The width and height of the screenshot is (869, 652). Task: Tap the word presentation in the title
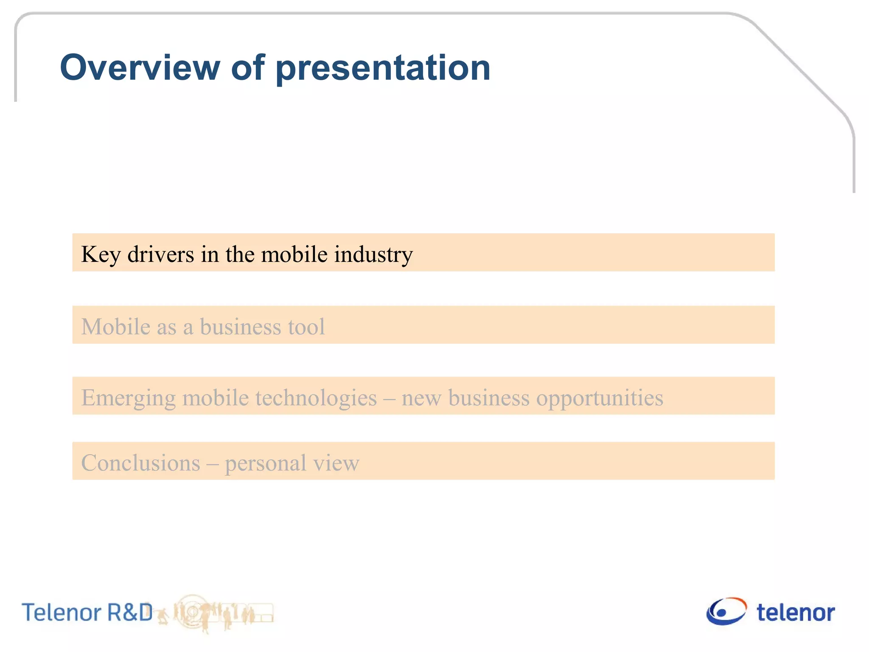tap(383, 69)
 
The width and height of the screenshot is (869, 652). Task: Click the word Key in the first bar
tap(101, 255)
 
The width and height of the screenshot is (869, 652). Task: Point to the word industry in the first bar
tap(373, 255)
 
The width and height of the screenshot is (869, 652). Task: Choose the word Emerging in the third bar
tap(128, 398)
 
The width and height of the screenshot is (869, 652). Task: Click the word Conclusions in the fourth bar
tap(140, 463)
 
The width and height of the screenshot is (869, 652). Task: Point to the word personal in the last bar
tap(265, 464)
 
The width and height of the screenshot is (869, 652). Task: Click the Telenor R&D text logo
tap(87, 612)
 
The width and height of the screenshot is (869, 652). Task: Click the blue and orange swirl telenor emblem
tap(726, 611)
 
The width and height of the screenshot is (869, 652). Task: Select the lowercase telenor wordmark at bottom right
tap(796, 613)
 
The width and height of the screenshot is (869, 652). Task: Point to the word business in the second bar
tap(240, 326)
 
